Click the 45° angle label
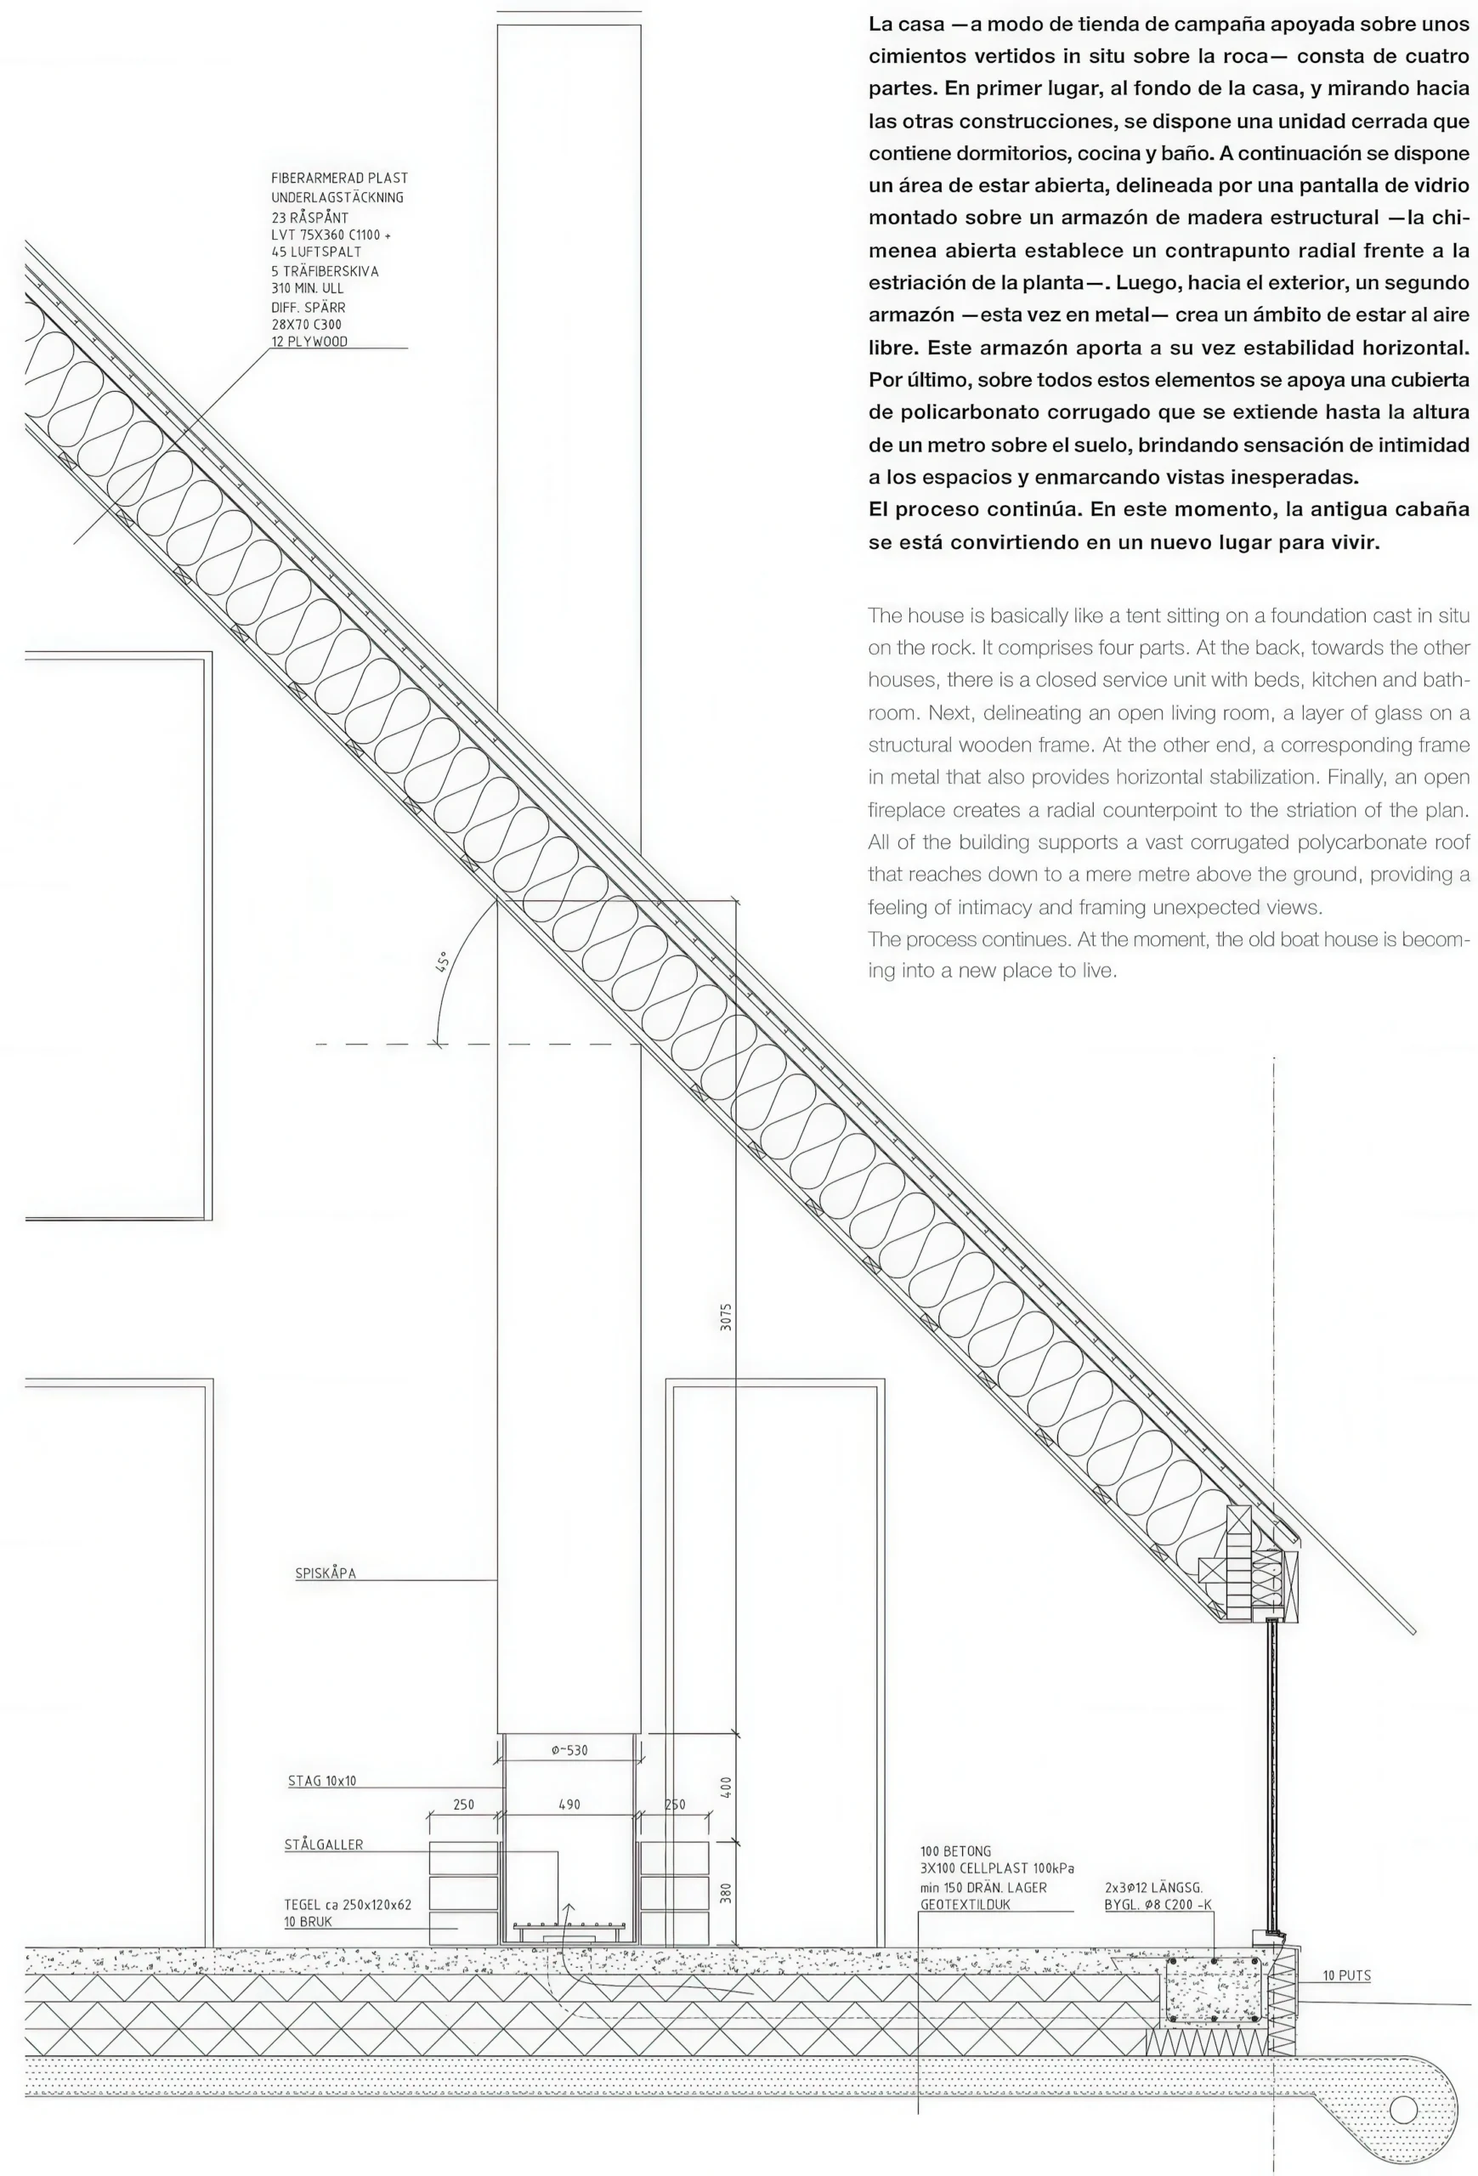pyautogui.click(x=442, y=961)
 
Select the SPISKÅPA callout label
pyautogui.click(x=326, y=1574)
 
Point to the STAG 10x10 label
pyautogui.click(x=322, y=1781)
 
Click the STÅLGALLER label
pyautogui.click(x=324, y=1844)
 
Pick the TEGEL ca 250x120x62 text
pyautogui.click(x=348, y=1905)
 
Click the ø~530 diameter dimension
pyautogui.click(x=569, y=1750)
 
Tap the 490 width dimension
pyautogui.click(x=569, y=1805)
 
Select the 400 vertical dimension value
pyautogui.click(x=727, y=1787)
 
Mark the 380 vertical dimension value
pyautogui.click(x=727, y=1892)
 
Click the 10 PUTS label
pyautogui.click(x=1346, y=1975)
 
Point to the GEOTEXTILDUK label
pyautogui.click(x=965, y=1905)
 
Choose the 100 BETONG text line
pyautogui.click(x=954, y=1851)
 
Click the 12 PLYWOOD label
pyautogui.click(x=309, y=342)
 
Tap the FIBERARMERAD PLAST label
pyautogui.click(x=340, y=178)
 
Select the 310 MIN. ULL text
pyautogui.click(x=307, y=288)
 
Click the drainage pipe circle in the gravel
pyautogui.click(x=1403, y=2111)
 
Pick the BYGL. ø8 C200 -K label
pyautogui.click(x=1158, y=1905)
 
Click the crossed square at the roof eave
pyautogui.click(x=1213, y=1567)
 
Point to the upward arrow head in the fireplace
pyautogui.click(x=567, y=1907)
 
